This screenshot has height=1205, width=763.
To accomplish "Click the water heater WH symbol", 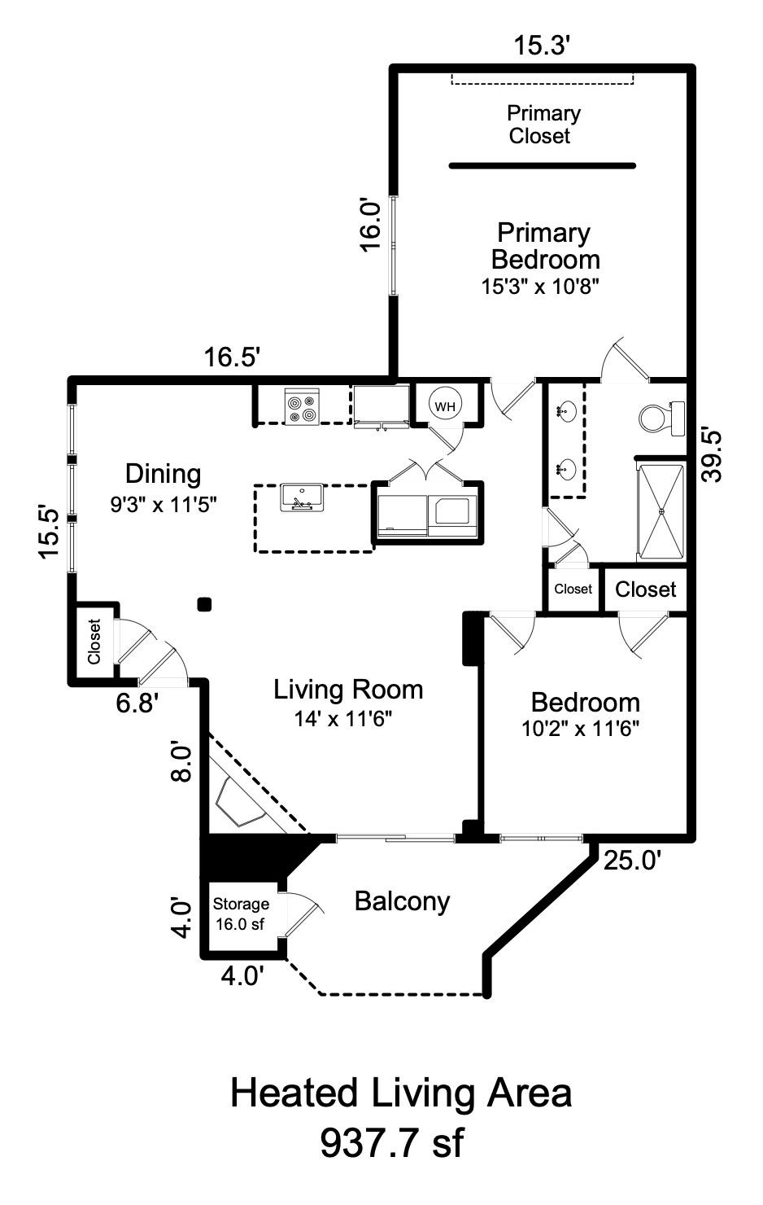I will click(x=444, y=405).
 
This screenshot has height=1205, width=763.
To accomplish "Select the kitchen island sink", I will click(x=302, y=498).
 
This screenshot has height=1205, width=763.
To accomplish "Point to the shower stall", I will click(x=661, y=511).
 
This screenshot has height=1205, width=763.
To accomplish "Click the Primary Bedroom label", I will click(x=544, y=247).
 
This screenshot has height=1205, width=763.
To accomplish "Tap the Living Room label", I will click(x=348, y=690).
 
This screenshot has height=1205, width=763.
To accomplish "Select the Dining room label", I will click(x=163, y=473).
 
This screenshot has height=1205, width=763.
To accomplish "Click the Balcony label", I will click(x=402, y=901).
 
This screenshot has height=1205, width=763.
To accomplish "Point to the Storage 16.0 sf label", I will click(x=241, y=914).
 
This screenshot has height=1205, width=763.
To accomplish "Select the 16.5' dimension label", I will click(x=232, y=357).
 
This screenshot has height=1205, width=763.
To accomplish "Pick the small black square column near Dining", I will click(x=205, y=603).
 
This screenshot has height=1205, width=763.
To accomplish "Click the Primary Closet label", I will click(x=543, y=125).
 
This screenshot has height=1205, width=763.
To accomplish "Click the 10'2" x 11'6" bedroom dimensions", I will click(x=580, y=729).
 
